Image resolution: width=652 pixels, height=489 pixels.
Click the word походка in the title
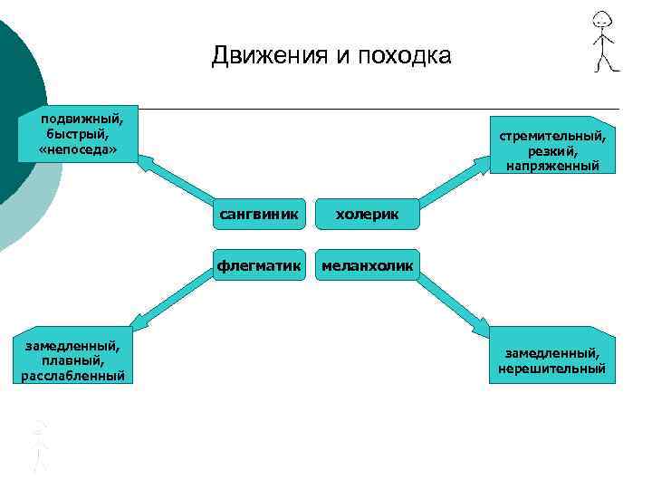[x=403, y=56]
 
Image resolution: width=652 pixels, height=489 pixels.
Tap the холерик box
[x=367, y=215]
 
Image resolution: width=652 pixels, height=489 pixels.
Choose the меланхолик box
[x=367, y=264]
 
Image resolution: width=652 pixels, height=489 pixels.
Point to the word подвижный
[x=82, y=116]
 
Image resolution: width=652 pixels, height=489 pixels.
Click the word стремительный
[x=552, y=135]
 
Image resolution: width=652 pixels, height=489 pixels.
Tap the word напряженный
[x=552, y=166]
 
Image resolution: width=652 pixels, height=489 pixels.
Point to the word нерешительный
[x=552, y=369]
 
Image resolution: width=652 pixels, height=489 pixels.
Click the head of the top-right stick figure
[x=601, y=21]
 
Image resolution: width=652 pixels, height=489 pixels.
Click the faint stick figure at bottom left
[x=39, y=444]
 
